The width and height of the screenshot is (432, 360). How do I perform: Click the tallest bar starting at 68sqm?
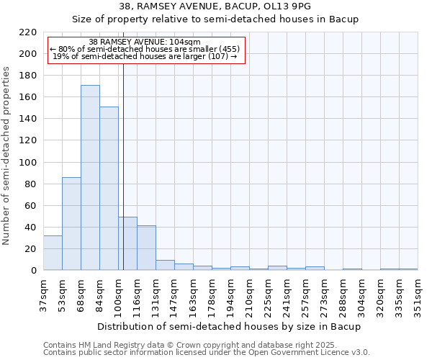click(90, 178)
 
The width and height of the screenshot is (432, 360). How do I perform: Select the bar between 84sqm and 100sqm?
click(109, 189)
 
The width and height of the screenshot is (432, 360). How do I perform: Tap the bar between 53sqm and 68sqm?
click(71, 223)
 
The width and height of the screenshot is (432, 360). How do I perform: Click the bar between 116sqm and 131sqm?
click(146, 248)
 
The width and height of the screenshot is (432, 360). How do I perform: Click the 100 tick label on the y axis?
click(28, 162)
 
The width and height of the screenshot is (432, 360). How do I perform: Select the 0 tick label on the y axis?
click(33, 271)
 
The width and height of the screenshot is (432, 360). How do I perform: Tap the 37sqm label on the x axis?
click(43, 294)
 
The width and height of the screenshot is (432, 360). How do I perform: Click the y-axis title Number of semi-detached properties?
click(7, 156)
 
